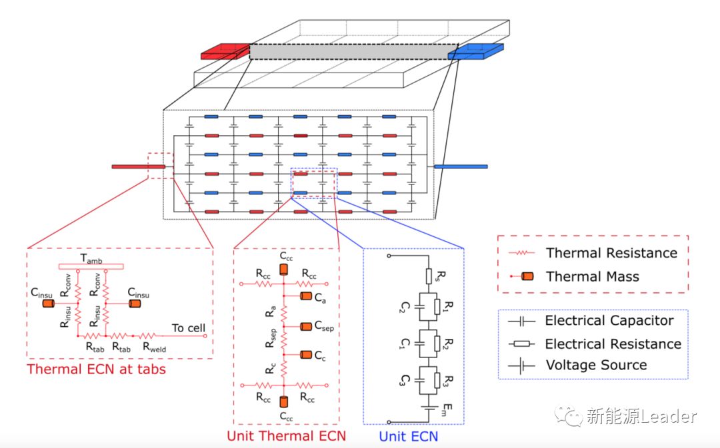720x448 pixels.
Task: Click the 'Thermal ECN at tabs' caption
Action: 96,369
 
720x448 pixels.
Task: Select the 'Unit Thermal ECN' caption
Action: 287,437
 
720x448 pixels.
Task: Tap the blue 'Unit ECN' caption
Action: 409,437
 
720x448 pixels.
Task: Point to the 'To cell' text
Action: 189,328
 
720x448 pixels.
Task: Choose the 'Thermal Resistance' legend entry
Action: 611,253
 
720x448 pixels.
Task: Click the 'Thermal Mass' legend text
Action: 592,276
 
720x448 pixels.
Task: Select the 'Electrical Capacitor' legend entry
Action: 609,321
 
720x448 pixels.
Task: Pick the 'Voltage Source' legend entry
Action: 596,365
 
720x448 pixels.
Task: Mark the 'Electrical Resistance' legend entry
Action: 613,343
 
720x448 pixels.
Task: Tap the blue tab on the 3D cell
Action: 475,51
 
